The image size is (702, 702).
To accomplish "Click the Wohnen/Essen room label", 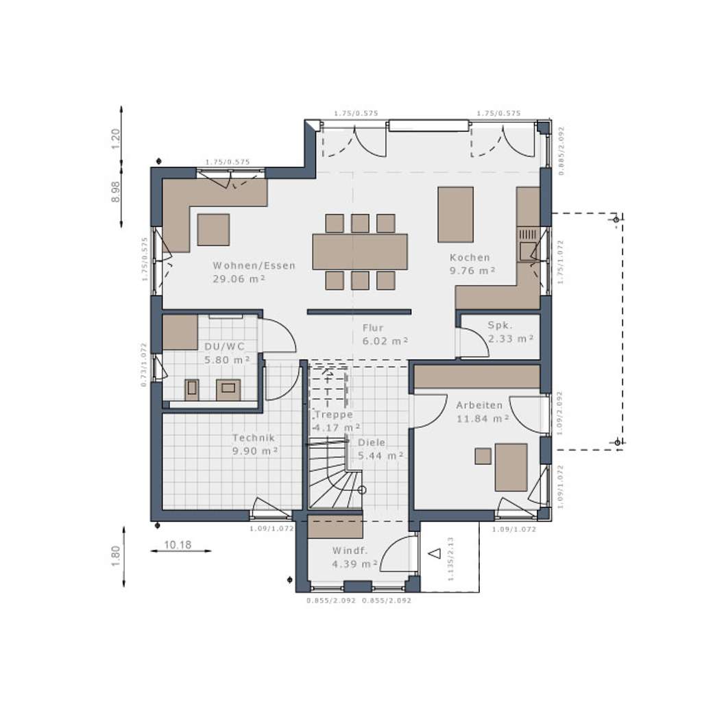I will pos(254,266).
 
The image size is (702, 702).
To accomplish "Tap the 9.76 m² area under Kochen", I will pos(472,271).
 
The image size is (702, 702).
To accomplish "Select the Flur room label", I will pos(373,328).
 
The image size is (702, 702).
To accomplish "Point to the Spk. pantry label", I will pos(500,325).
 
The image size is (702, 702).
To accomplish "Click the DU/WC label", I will pos(224,347).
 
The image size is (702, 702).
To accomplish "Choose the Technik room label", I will pos(253,437).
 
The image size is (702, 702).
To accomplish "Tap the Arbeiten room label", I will pos(479,405).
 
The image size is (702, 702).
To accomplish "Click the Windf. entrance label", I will pos(350,550).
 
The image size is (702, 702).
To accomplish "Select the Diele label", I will pos(372,443).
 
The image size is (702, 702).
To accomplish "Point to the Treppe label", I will pos(334,415).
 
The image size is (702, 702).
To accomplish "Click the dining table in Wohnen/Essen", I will pos(360,252).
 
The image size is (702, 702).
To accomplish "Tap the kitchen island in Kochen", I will pos(455,214).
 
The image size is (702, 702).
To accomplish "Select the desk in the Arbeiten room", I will pos(511,467).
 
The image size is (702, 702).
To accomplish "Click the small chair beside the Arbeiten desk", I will pos(483,456).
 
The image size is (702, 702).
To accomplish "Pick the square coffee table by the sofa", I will pos(213,230).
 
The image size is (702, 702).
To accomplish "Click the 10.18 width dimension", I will pos(178,545).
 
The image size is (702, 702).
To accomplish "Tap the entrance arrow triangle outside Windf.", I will pos(433,553).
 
